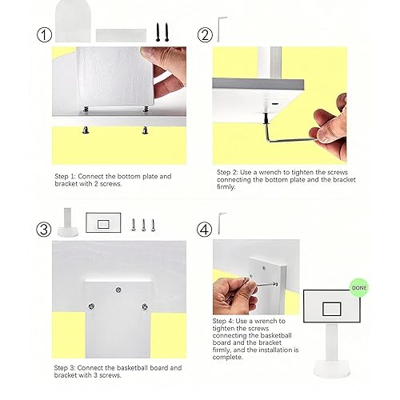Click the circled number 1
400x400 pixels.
pos(44,35)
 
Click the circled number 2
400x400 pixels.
pos(205,35)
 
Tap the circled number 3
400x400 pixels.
pos(44,230)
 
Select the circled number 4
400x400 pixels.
pos(204,230)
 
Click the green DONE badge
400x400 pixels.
pos(359,288)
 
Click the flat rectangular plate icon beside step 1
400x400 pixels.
pos(121,35)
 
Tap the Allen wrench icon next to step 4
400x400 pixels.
pos(220,223)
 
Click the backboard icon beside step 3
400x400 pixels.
pos(103,222)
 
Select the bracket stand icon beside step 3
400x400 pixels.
pos(68,222)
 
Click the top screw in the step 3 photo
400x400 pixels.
pos(118,290)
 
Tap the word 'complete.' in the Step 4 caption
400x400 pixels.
pos(227,357)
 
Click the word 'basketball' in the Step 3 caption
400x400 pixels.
pos(133,368)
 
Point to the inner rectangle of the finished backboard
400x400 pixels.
pos(332,309)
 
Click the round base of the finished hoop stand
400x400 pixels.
pos(332,369)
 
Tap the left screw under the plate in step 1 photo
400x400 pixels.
pos(86,130)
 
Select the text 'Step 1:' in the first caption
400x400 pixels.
pos(66,177)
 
